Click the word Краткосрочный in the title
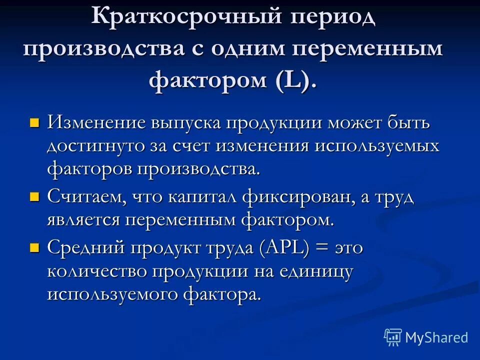tap(184, 19)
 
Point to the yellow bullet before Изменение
tap(34, 122)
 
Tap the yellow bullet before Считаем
tap(34, 196)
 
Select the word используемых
tap(377, 146)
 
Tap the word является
tap(83, 220)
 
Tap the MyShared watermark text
tap(436, 337)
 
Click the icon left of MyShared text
tap(393, 337)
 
